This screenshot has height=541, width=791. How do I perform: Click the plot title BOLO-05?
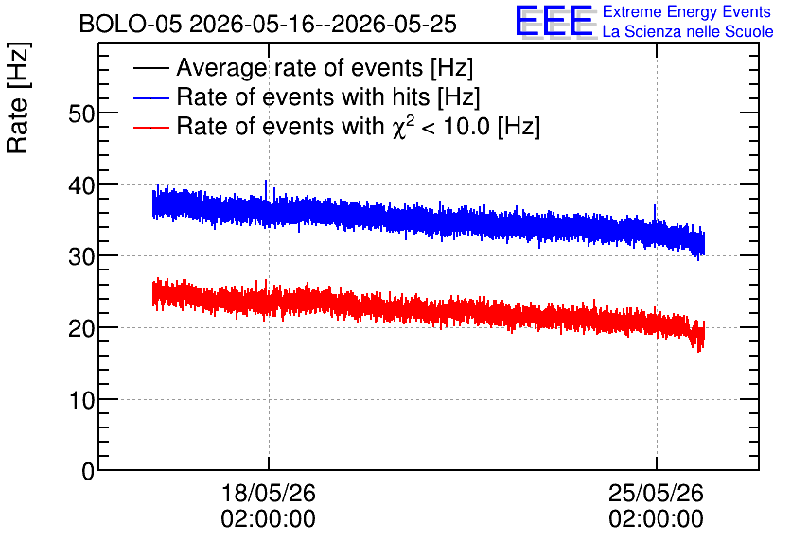(131, 24)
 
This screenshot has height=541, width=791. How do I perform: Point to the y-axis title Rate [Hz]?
(18, 97)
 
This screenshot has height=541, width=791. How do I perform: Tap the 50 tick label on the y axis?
(81, 113)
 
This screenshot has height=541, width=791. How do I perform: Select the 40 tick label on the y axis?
(81, 185)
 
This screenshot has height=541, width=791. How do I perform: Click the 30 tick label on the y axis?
(81, 257)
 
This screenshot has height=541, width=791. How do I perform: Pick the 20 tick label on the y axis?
(81, 329)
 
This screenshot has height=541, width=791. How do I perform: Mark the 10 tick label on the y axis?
(81, 400)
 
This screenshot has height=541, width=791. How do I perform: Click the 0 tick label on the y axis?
(88, 471)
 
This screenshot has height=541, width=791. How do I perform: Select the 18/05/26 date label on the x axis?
(269, 493)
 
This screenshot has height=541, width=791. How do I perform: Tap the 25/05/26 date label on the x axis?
(656, 493)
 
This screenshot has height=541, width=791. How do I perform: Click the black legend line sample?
(150, 68)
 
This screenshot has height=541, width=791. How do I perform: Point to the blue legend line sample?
(150, 97)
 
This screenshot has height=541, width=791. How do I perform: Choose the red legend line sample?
(150, 127)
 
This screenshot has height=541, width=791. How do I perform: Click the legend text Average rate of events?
(300, 67)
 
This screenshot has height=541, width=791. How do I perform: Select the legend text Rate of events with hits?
(303, 96)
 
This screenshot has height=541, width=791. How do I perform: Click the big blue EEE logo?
(554, 21)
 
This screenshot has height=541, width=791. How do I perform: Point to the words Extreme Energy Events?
(687, 11)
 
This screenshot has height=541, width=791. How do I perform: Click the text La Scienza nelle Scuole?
(688, 31)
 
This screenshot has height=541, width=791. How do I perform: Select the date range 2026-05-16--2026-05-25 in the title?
(323, 24)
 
